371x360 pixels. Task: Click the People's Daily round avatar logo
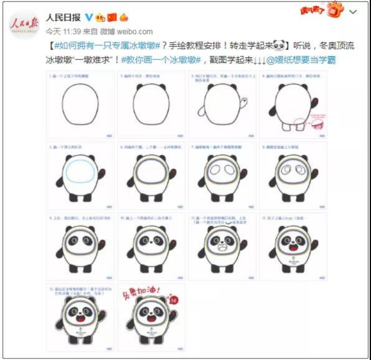point(24,24)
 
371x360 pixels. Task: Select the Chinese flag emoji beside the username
point(112,17)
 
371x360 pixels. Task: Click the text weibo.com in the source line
point(135,32)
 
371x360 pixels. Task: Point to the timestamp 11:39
point(71,32)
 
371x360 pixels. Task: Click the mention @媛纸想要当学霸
point(301,60)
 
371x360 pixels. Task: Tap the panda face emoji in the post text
point(281,46)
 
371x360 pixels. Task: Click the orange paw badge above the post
point(335,10)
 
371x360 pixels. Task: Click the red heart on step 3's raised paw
point(244,101)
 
